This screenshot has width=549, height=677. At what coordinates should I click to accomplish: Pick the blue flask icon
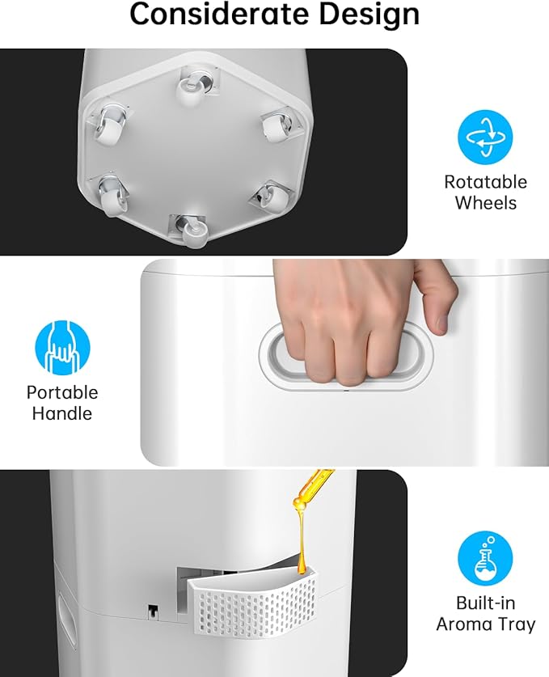pyautogui.click(x=486, y=559)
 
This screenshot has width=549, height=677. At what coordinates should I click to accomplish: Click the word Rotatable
pyautogui.click(x=486, y=182)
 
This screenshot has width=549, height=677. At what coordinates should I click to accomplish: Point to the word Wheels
pyautogui.click(x=486, y=203)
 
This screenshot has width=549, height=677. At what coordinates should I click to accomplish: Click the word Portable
pyautogui.click(x=62, y=392)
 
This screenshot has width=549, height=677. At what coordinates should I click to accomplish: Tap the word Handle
pyautogui.click(x=62, y=413)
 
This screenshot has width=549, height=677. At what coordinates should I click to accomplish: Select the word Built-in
pyautogui.click(x=486, y=603)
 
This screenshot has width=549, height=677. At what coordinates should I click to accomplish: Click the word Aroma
pyautogui.click(x=463, y=624)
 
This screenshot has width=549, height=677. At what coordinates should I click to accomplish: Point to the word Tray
pyautogui.click(x=517, y=624)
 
